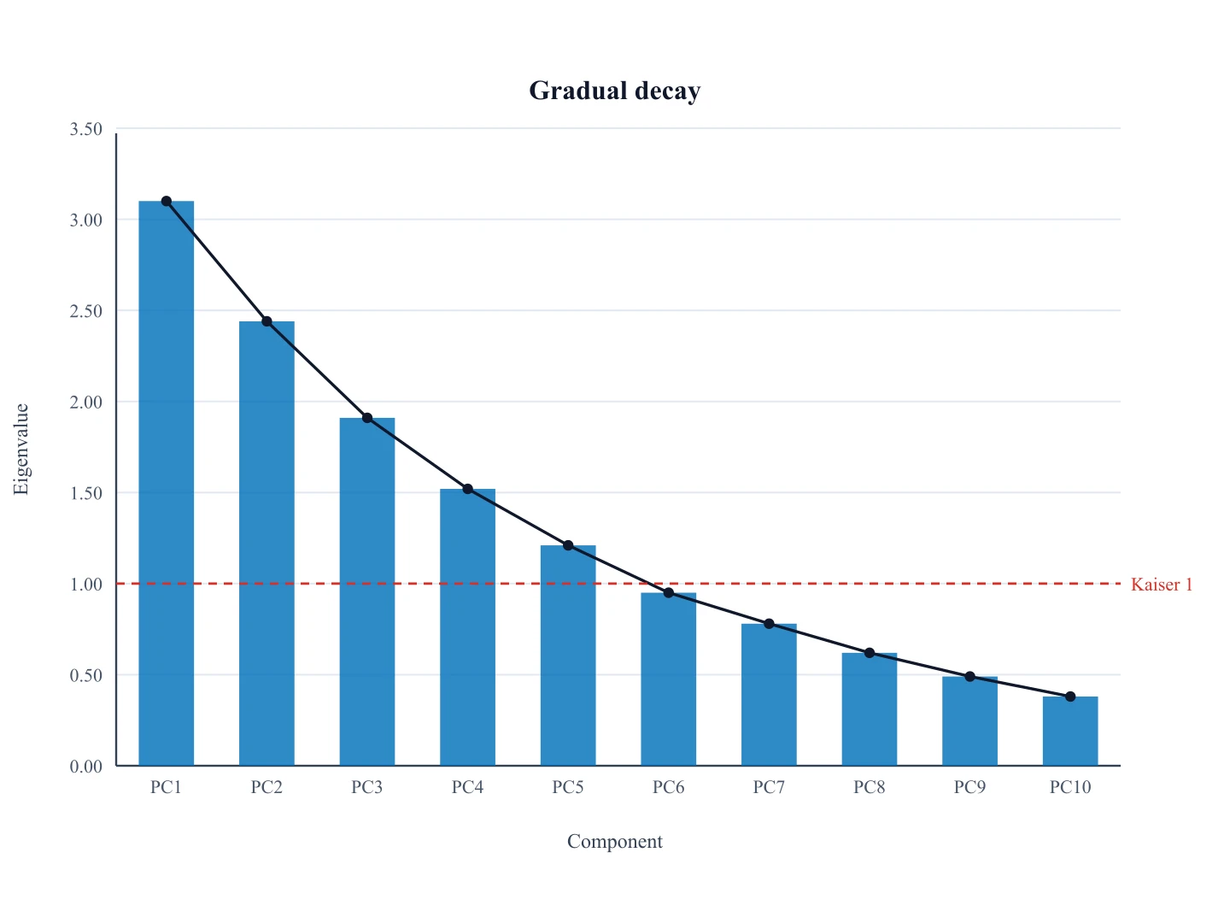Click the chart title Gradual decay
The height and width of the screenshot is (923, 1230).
(x=615, y=91)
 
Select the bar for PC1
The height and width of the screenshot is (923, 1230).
(x=167, y=483)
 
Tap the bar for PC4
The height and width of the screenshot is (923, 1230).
(x=467, y=627)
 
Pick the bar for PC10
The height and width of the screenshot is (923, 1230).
(x=1069, y=731)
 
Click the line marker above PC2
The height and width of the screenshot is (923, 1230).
(x=266, y=321)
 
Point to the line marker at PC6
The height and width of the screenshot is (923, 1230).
(x=669, y=592)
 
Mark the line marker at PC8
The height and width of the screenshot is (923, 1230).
(x=870, y=653)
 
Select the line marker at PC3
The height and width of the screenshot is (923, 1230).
(x=367, y=418)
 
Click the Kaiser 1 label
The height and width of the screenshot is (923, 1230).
(x=1162, y=585)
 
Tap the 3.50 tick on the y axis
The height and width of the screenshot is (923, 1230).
(x=85, y=129)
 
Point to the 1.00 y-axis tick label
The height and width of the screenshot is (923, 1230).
(x=85, y=584)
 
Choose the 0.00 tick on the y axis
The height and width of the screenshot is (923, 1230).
(x=85, y=766)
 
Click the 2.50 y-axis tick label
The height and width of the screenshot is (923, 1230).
(x=85, y=311)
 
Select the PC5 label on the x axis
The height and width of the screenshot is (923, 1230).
(x=568, y=787)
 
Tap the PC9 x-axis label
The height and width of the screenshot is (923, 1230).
(x=969, y=787)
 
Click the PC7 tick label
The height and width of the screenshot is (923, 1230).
(x=769, y=787)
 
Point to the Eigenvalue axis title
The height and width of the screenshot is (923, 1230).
(x=20, y=449)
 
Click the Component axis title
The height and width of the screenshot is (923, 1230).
(x=615, y=841)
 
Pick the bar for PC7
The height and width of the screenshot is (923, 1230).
(x=769, y=694)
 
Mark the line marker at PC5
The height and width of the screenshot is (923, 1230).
(x=568, y=545)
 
